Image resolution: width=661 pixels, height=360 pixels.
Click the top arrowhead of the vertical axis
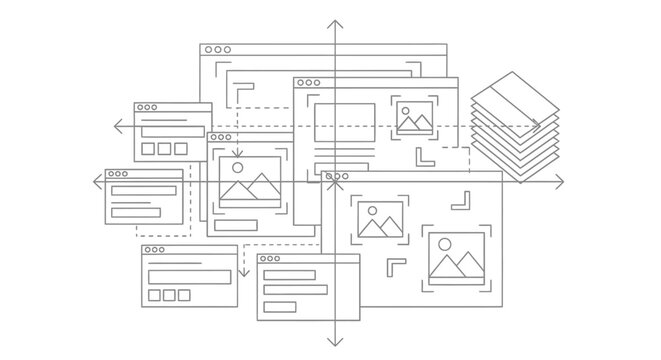pyautogui.click(x=335, y=23)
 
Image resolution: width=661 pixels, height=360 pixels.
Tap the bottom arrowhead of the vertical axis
pyautogui.click(x=335, y=342)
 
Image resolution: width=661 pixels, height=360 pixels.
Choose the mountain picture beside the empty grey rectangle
pyautogui.click(x=413, y=118)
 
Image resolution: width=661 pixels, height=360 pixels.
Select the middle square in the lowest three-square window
pyautogui.click(x=168, y=295)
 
